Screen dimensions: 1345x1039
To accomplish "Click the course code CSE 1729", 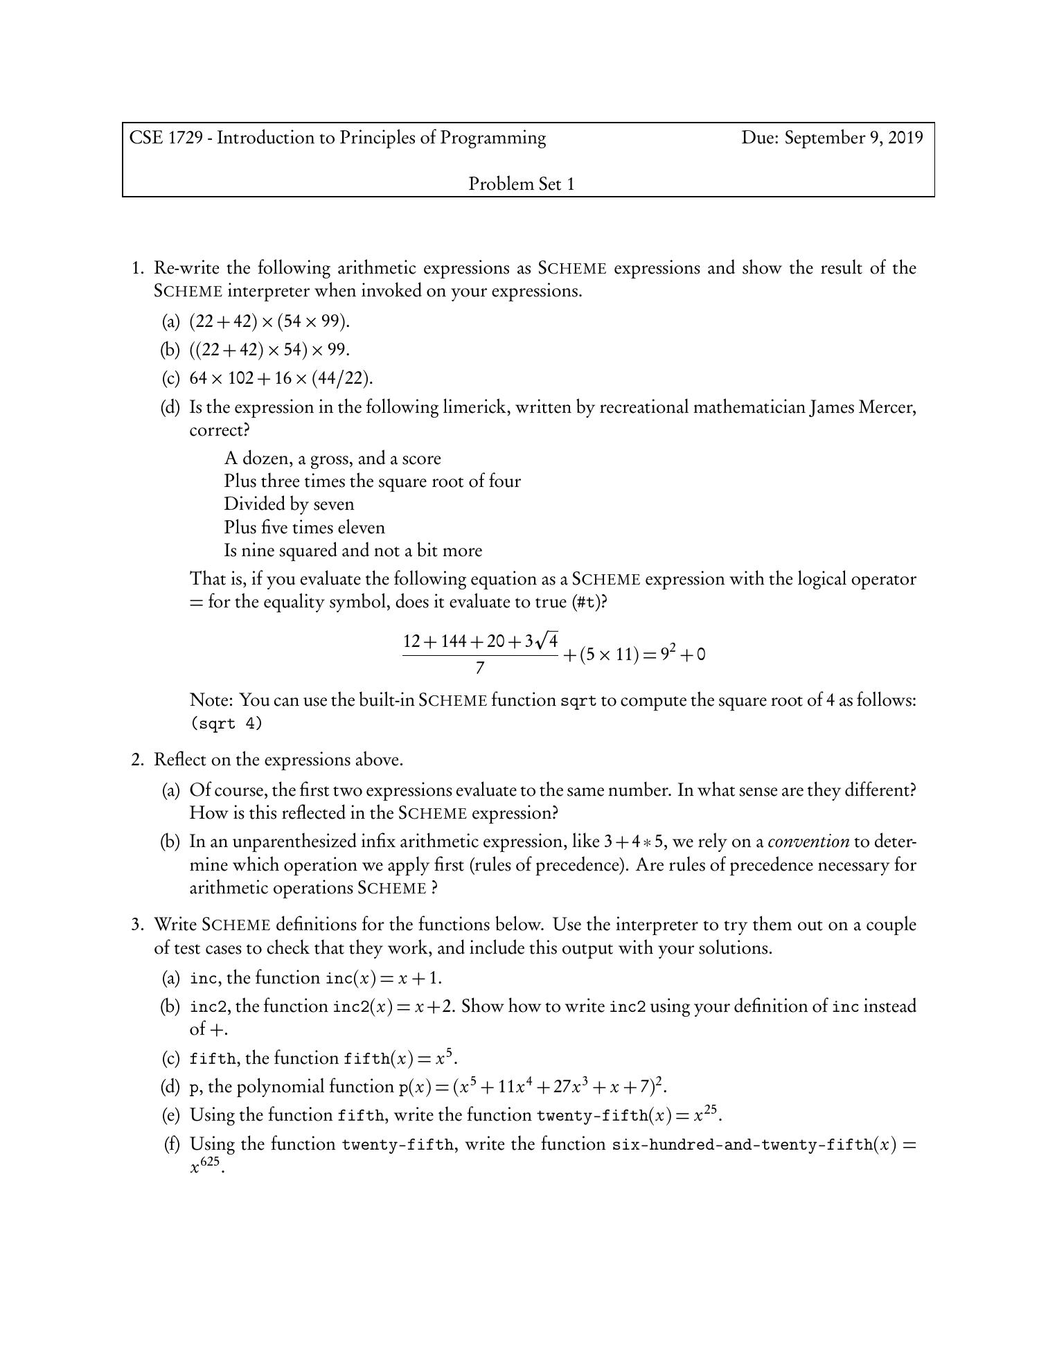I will click(x=166, y=138).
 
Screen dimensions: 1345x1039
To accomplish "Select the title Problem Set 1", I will click(x=522, y=184).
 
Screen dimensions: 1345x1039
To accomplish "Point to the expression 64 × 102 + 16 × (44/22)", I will click(x=281, y=378).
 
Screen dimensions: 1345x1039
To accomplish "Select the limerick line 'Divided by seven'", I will click(x=289, y=504).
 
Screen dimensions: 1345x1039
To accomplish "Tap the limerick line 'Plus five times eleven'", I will click(x=304, y=528).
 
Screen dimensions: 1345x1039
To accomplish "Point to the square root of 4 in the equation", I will click(x=547, y=640).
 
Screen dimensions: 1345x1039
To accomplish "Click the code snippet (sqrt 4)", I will click(x=227, y=724).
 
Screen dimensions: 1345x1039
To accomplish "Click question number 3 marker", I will click(x=137, y=925).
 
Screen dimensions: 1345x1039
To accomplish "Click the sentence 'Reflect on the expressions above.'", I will click(x=278, y=760).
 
